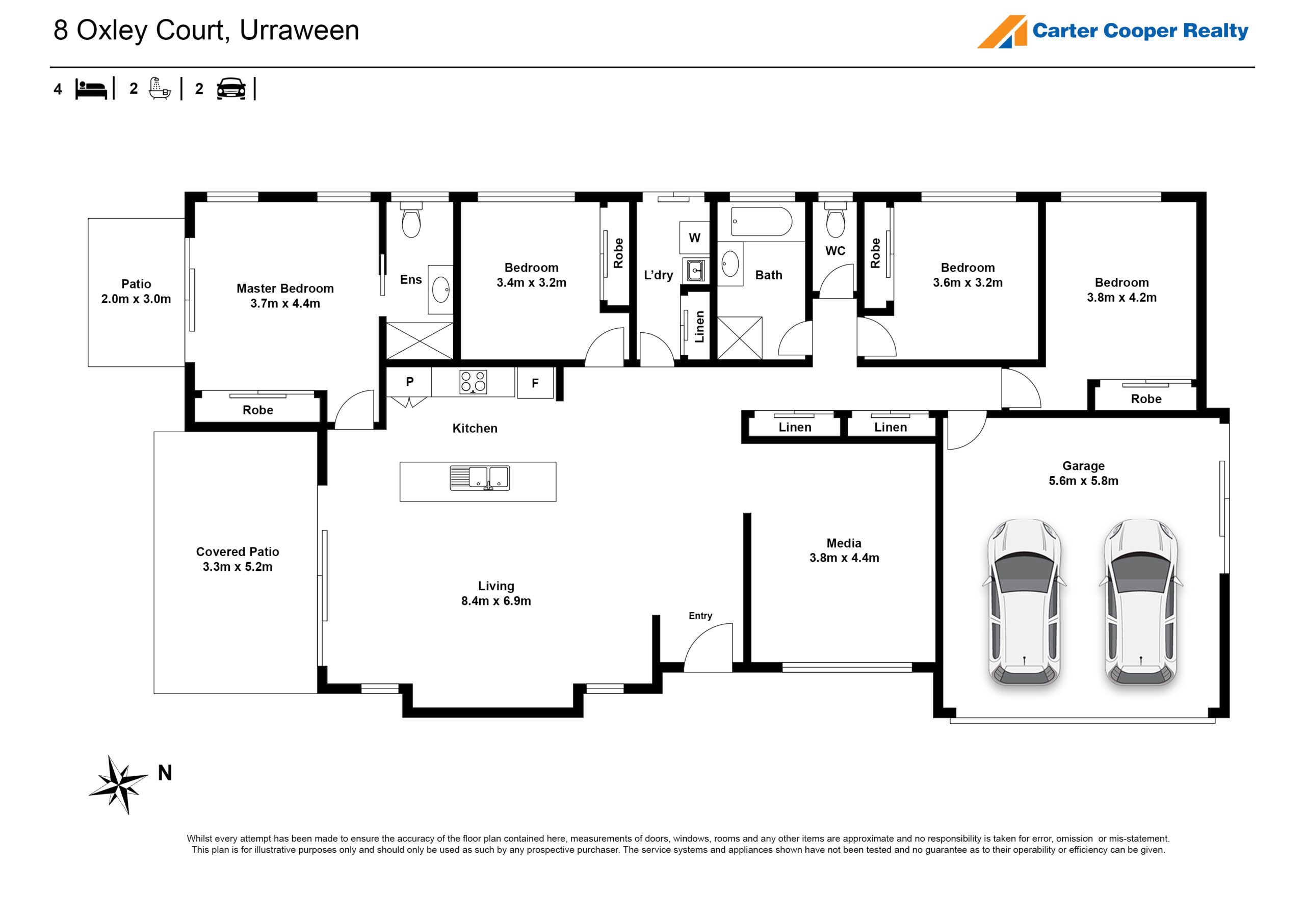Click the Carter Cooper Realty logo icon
coord(1002,32)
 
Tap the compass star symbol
coord(119,784)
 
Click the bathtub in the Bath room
coord(761,222)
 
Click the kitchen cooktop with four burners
coord(473,382)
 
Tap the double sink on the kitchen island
coord(480,478)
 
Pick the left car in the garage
coord(1024,601)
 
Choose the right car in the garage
coord(1141,601)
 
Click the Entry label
coord(700,616)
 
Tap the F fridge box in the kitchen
coord(535,383)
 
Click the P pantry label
coord(410,382)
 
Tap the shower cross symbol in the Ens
coord(420,340)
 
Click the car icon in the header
coord(231,89)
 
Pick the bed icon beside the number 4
coord(91,90)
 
